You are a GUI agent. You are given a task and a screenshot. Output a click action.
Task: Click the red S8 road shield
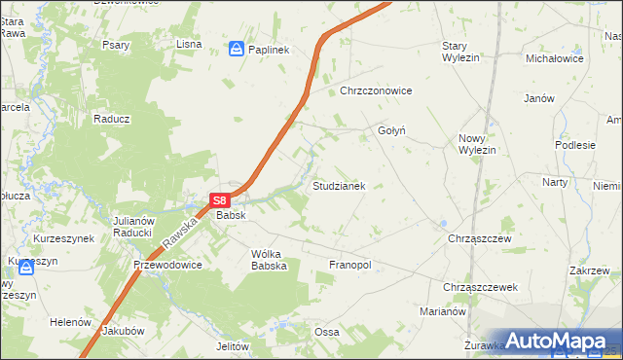point(220,199)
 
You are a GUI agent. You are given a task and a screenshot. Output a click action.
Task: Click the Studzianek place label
point(338,185)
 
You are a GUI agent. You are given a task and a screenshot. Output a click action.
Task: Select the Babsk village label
point(231,215)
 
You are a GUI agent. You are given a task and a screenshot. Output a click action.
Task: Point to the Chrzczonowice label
point(377,90)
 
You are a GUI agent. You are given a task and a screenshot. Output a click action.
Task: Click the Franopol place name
point(351,265)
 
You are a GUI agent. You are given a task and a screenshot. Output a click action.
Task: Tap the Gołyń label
point(390,129)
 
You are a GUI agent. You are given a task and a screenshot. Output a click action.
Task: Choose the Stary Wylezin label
point(467,52)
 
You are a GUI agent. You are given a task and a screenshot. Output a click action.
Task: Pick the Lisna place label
point(188,44)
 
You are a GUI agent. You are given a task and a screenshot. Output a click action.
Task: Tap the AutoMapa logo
point(552,341)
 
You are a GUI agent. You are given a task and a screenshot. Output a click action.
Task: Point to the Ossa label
point(326,332)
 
